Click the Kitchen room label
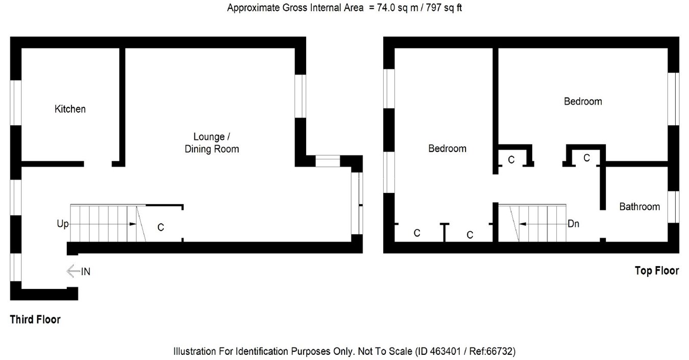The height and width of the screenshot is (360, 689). coord(70,109)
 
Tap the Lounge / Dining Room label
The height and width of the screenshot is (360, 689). coord(212,143)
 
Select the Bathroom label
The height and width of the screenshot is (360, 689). coord(639,206)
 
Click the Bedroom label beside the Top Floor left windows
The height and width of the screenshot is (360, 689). coord(447,149)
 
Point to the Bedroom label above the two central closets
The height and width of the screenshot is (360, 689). coord(583,101)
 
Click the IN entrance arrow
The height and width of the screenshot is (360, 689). coord(73,271)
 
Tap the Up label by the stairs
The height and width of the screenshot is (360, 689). coord(63,224)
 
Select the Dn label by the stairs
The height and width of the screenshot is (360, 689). coord(573,224)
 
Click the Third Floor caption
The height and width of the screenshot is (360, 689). coord(35,319)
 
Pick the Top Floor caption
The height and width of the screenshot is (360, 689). coord(657,271)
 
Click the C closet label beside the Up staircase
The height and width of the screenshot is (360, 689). coord(161,227)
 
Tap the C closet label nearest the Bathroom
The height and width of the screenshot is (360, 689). coord(586,158)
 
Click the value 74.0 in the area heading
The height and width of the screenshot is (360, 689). coord(386,8)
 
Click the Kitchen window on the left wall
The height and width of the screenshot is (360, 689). coord(16,103)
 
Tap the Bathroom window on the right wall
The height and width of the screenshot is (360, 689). coord(673,207)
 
